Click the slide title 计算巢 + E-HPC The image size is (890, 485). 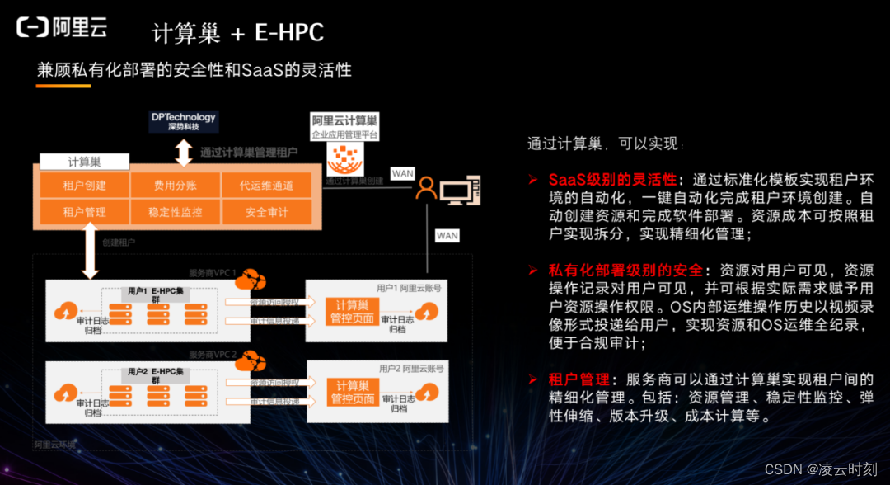[237, 33]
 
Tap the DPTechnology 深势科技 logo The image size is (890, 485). [183, 121]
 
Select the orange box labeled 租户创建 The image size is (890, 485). [84, 186]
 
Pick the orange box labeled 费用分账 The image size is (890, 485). [175, 186]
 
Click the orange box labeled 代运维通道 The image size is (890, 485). [266, 186]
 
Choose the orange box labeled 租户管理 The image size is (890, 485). [84, 212]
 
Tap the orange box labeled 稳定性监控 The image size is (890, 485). [175, 212]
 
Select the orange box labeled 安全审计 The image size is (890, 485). [266, 212]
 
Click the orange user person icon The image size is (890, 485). [425, 189]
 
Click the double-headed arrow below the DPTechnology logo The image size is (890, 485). [183, 153]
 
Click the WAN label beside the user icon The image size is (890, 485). [402, 173]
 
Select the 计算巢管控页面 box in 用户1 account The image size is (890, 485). [352, 312]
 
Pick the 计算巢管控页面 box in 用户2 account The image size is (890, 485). [352, 393]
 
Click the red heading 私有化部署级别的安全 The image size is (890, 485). [625, 271]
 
